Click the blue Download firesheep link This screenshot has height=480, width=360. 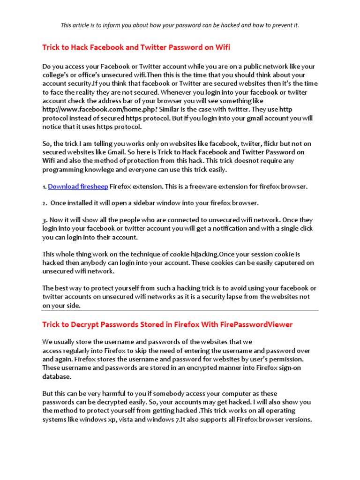(78, 187)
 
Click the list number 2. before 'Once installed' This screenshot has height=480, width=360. (45, 203)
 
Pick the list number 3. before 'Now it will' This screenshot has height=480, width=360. (45, 219)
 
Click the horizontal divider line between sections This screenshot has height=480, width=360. (180, 311)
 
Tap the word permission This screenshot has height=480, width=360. (293, 359)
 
